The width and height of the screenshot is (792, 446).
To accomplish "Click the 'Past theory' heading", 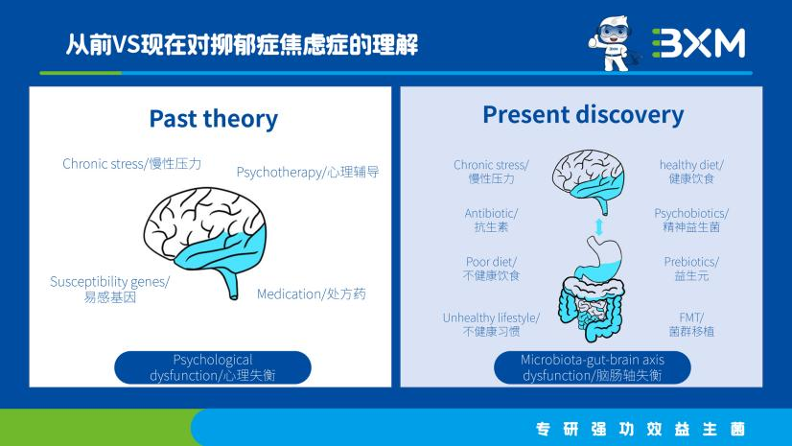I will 213,119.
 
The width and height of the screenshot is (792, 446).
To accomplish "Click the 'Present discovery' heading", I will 583,115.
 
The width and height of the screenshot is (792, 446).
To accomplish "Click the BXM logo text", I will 697,43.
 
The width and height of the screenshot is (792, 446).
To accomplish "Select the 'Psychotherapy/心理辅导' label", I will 308,173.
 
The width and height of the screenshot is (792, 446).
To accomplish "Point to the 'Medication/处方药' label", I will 311,293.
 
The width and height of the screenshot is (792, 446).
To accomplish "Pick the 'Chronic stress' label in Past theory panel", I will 132,164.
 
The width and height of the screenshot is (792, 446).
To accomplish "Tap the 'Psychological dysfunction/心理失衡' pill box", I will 213,367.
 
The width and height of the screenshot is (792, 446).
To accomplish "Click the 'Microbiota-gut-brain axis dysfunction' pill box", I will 592,367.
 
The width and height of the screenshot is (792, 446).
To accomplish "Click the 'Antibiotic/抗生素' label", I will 491,220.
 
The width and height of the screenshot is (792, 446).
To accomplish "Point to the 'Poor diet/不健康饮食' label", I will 491,269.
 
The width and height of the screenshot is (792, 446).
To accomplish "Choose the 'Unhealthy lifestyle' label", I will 491,324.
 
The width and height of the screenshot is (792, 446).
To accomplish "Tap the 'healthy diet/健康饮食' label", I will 691,172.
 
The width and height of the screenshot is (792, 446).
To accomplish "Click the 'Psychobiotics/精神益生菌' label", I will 691,220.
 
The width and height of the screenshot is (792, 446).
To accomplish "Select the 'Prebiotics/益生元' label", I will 691,269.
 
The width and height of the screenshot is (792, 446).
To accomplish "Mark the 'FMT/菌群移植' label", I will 691,324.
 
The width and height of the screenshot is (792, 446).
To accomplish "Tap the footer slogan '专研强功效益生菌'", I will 640,428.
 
